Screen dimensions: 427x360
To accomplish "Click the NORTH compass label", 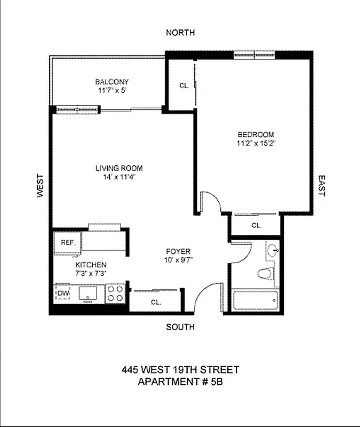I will [x=180, y=33].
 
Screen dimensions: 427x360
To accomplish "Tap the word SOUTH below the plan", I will [x=180, y=327].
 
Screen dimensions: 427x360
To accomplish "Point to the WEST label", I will [x=40, y=186].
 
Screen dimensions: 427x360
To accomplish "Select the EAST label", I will [x=321, y=186].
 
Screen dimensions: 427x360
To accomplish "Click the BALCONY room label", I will [x=111, y=82].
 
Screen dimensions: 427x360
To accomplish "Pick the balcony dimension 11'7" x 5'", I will [x=111, y=90].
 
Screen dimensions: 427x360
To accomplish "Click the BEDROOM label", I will [x=255, y=135].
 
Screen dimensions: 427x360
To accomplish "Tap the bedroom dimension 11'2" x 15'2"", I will [x=255, y=143].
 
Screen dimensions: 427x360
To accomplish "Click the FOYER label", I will [x=178, y=252].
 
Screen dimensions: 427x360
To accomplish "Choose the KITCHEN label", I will [x=91, y=265].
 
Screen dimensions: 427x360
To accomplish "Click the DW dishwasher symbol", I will [x=63, y=294].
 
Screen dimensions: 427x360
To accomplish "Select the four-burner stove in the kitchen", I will [x=115, y=292].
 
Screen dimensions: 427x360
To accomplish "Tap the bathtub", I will [x=255, y=301].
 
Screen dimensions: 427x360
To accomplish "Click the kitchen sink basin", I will [x=87, y=292].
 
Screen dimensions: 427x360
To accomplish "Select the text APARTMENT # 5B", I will [x=180, y=382].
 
